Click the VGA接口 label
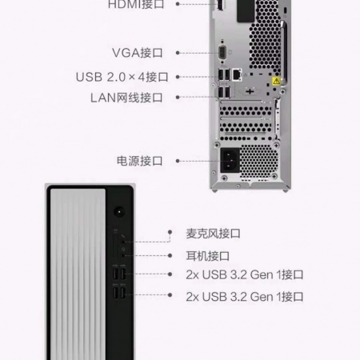pyautogui.click(x=138, y=53)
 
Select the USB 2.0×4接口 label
pyautogui.click(x=122, y=77)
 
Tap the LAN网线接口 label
pyautogui.click(x=126, y=98)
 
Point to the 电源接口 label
pyautogui.click(x=140, y=161)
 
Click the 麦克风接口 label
pyautogui.click(x=213, y=234)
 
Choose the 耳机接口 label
pyautogui.click(x=208, y=256)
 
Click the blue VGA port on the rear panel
pyautogui.click(x=222, y=52)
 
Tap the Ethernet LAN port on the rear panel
pyautogui.click(x=237, y=74)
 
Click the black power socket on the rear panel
pyautogui.click(x=230, y=160)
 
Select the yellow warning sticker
pyautogui.click(x=276, y=81)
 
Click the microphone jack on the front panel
pyautogui.click(x=123, y=242)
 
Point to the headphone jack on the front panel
pyautogui.click(x=123, y=255)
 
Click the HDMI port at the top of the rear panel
pyautogui.click(x=220, y=5)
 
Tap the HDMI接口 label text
pyautogui.click(x=136, y=5)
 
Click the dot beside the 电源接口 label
pyautogui.click(x=178, y=161)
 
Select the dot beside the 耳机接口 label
pyautogui.click(x=170, y=255)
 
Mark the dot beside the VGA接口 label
pyautogui.click(x=178, y=53)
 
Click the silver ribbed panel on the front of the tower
pyautogui.click(x=78, y=274)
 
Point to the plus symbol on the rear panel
pyautogui.click(x=250, y=92)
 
